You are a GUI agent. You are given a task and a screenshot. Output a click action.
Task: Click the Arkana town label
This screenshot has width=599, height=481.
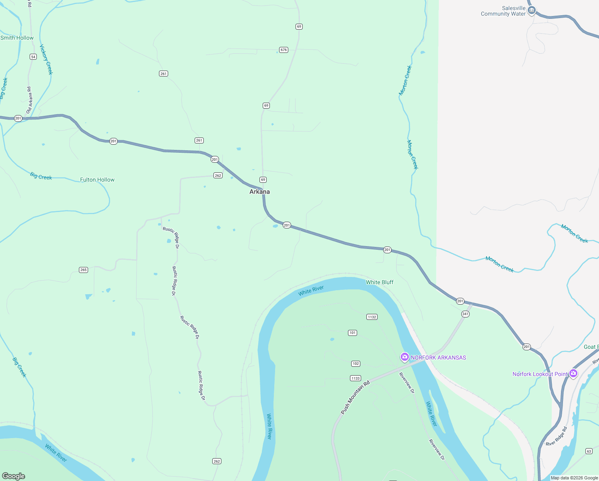259,192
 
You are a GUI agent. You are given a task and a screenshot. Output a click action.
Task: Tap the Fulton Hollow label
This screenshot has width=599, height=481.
97,180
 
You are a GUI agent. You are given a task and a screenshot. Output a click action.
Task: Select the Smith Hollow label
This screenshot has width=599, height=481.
17,38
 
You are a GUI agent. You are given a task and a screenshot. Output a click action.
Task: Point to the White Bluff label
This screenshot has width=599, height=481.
380,282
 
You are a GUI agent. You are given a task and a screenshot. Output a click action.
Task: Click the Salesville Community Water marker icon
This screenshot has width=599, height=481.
532,10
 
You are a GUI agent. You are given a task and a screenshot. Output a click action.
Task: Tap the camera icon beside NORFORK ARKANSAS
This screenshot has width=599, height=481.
405,357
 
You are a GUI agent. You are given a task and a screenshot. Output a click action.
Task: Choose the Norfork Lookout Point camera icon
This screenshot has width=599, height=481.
573,374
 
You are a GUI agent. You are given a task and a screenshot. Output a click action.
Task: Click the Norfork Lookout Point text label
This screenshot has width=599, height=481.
540,374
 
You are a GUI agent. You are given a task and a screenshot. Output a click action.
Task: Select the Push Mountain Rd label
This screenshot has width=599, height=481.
355,397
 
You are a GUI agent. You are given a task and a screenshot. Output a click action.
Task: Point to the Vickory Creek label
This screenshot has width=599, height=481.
46,59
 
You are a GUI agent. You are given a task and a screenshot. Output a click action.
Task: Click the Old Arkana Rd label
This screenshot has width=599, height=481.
29,100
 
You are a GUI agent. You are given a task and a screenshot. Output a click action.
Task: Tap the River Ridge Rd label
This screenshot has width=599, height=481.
557,437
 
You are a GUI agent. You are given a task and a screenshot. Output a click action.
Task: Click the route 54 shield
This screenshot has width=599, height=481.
33,57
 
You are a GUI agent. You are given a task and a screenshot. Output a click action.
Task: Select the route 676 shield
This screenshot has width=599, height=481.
284,50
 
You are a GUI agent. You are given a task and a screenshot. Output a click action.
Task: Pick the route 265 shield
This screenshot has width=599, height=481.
83,270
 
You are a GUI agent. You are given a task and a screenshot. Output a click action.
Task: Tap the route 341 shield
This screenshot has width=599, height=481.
465,314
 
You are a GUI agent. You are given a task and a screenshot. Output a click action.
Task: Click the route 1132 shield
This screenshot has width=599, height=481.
372,317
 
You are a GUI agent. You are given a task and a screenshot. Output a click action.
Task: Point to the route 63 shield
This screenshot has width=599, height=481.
589,451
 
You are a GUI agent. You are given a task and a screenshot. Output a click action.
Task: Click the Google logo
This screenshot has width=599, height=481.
14,476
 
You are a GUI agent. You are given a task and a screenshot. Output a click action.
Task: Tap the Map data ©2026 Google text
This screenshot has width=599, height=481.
574,478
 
